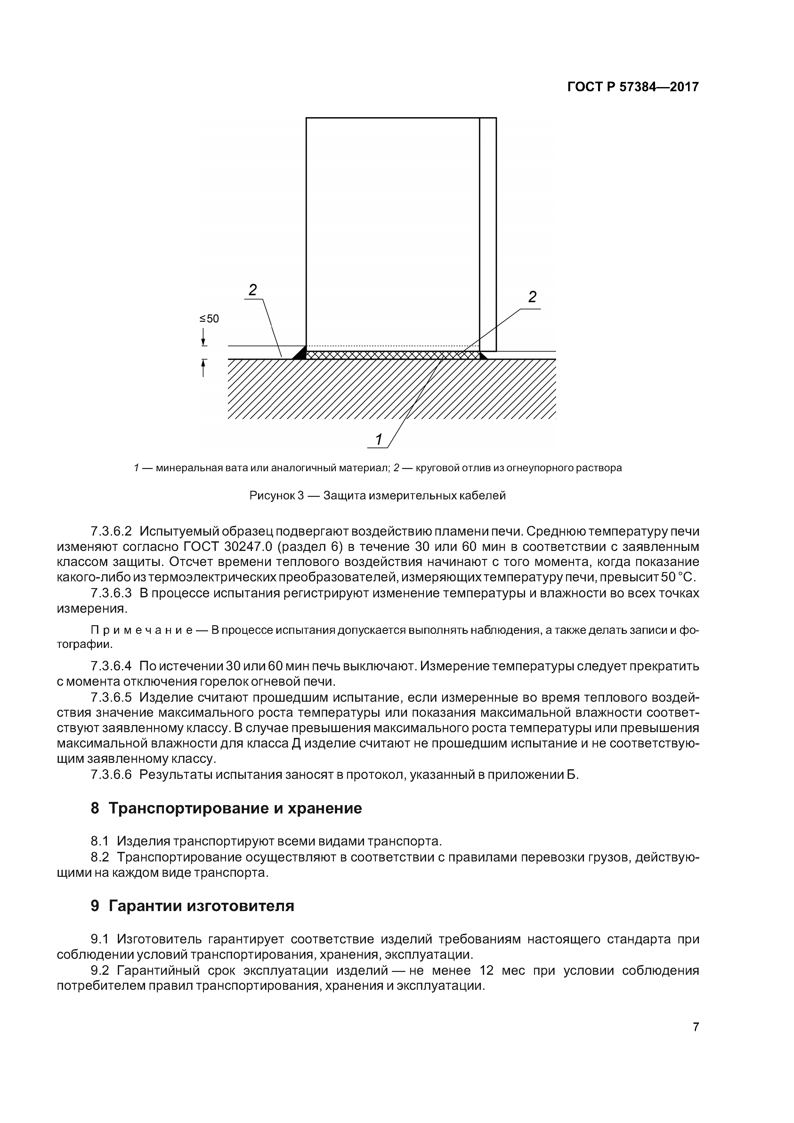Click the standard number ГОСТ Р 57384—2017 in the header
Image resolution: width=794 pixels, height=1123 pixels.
pyautogui.click(x=633, y=87)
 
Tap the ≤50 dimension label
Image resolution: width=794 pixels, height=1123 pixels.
pyautogui.click(x=209, y=319)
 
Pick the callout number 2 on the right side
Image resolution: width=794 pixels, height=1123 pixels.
pyautogui.click(x=532, y=297)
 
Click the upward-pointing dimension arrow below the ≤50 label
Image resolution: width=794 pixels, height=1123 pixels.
pyautogui.click(x=203, y=368)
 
